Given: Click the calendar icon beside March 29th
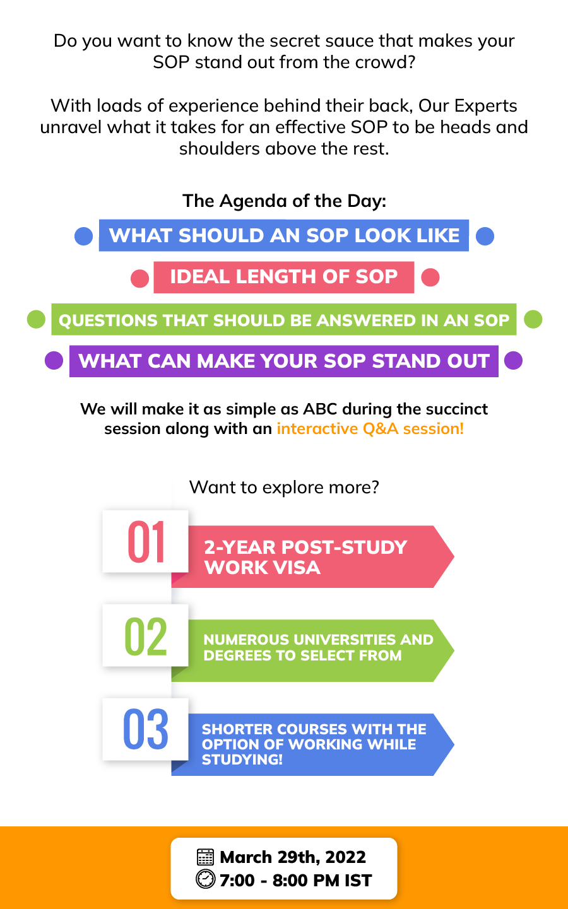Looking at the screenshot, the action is click(205, 857).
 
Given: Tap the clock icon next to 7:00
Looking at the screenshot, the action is click(205, 879).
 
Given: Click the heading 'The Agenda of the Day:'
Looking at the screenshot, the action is click(284, 201).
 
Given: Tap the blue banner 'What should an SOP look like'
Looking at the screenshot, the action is click(284, 235).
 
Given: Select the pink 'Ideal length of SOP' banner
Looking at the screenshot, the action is click(284, 277).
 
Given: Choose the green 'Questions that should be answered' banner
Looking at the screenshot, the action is click(284, 319).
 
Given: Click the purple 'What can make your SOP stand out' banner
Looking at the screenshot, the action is click(284, 361).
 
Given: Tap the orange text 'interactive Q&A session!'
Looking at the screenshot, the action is click(370, 429).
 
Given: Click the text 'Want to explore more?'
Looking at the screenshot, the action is click(284, 488).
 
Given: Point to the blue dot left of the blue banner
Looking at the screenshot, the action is click(84, 236).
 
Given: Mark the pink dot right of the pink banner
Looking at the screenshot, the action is click(430, 278).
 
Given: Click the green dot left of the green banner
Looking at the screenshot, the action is click(36, 319).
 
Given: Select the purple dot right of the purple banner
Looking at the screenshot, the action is click(513, 360).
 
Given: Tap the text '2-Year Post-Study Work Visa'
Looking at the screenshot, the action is click(305, 557).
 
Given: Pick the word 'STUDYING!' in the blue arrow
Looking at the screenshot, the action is click(242, 759).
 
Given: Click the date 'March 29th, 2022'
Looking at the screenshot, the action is click(293, 857).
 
